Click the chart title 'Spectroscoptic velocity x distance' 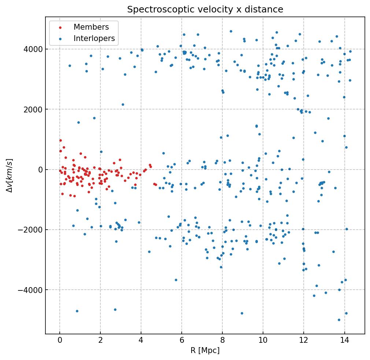205,10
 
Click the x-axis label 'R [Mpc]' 205,350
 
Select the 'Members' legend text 91,27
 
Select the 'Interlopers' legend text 94,38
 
